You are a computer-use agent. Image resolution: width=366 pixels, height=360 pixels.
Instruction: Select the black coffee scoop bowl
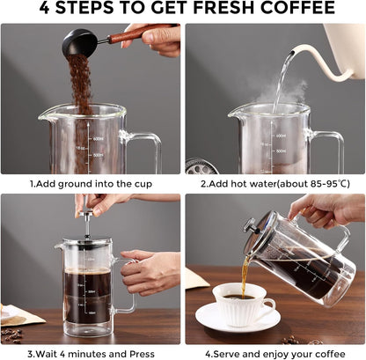pos(79,41)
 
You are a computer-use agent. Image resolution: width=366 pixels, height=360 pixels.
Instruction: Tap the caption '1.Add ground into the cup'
pos(91,184)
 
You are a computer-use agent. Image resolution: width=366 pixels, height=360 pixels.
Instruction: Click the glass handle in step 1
pos(146,150)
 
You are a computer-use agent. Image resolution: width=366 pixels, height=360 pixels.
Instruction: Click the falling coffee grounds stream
pos(81,88)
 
